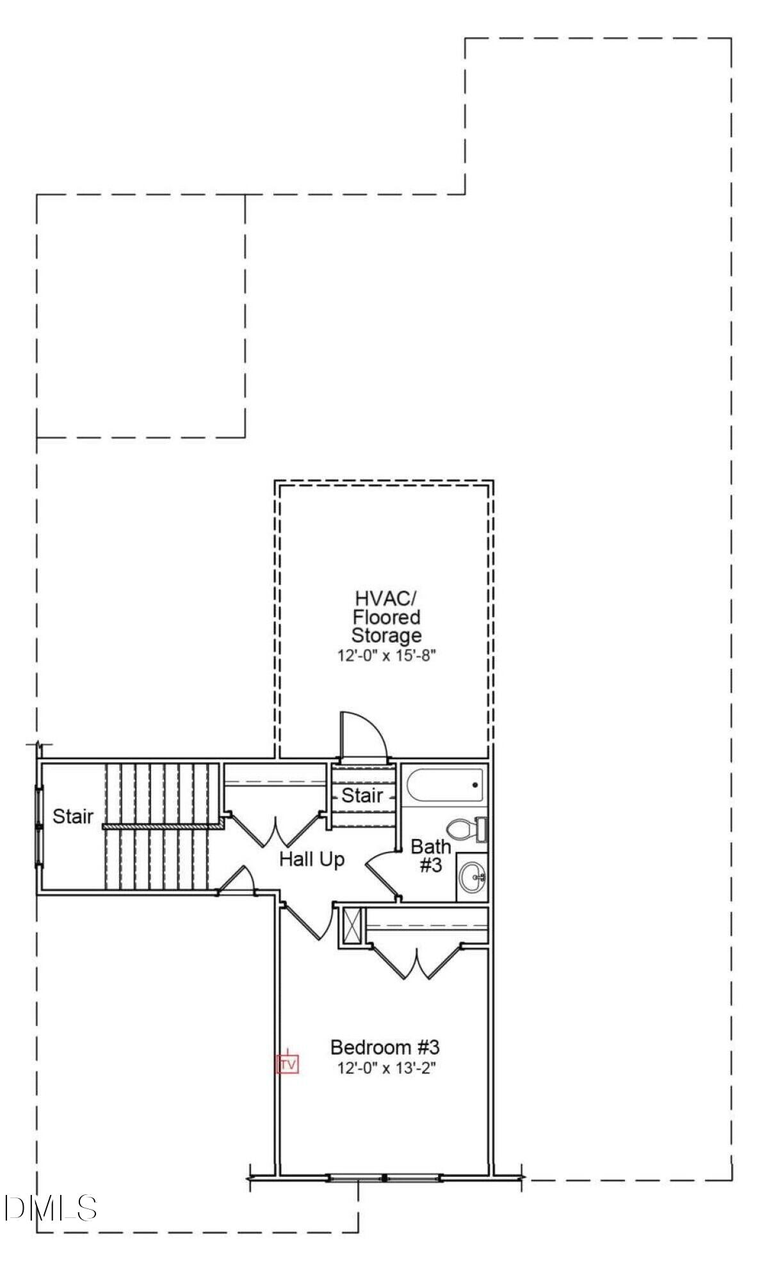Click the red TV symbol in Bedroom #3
coord(288,1064)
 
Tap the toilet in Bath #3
coord(466,829)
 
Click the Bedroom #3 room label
coord(385,1047)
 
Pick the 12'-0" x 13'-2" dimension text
coord(386,1068)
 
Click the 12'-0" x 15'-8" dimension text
coord(386,655)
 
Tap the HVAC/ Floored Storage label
coord(386,617)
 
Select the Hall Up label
coord(312,859)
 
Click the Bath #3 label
coord(430,856)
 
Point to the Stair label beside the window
coord(72,816)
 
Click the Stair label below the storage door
coord(362,795)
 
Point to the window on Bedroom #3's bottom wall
coord(384,1178)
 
